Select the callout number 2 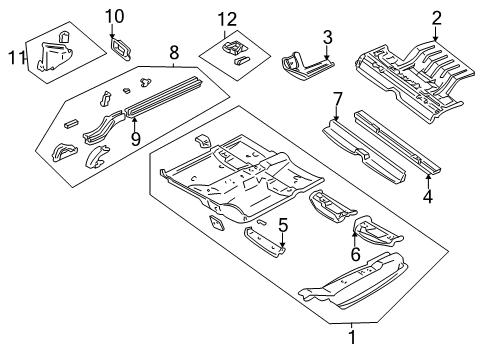[436, 17]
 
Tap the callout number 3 [326, 38]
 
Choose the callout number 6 [355, 255]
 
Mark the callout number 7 [338, 98]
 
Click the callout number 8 [174, 50]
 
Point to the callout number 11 [14, 58]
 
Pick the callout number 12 [229, 18]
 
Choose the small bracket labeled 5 [265, 240]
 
